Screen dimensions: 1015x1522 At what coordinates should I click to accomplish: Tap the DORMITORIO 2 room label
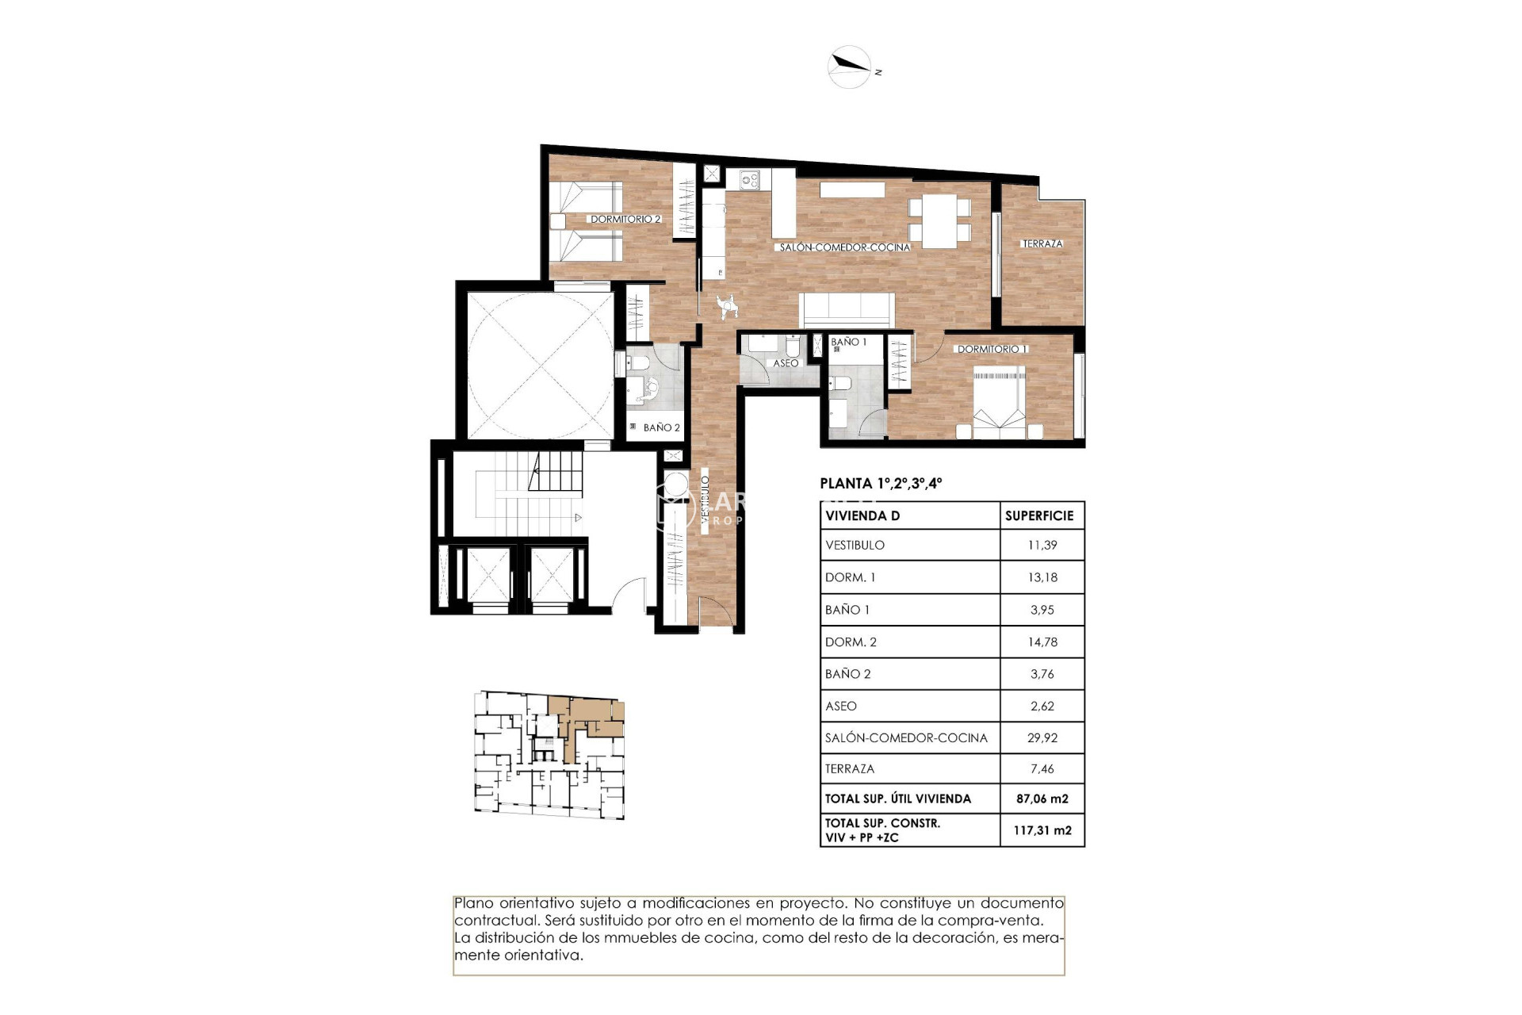625,219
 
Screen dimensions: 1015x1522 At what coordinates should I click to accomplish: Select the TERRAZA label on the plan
1042,243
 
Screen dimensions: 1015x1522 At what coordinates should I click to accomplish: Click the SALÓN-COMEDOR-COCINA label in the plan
844,247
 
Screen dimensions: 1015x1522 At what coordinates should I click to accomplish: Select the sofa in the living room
847,309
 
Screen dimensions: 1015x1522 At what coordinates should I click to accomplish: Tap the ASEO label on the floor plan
786,363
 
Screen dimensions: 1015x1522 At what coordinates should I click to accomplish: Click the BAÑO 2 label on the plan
661,427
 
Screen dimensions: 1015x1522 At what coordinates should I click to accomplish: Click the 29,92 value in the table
1042,737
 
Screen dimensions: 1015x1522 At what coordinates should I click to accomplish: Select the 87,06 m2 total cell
1042,799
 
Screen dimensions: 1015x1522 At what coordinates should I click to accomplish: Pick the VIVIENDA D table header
862,515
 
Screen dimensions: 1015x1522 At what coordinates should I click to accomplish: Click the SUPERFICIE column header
1039,515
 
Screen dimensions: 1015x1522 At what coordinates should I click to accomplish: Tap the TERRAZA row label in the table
850,768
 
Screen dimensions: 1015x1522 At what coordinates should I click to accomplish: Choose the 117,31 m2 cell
1042,830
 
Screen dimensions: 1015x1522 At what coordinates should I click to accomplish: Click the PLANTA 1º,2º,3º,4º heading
881,483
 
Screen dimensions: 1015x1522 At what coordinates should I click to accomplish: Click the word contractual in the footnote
495,921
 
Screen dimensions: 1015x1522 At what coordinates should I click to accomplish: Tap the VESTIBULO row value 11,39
1042,545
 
